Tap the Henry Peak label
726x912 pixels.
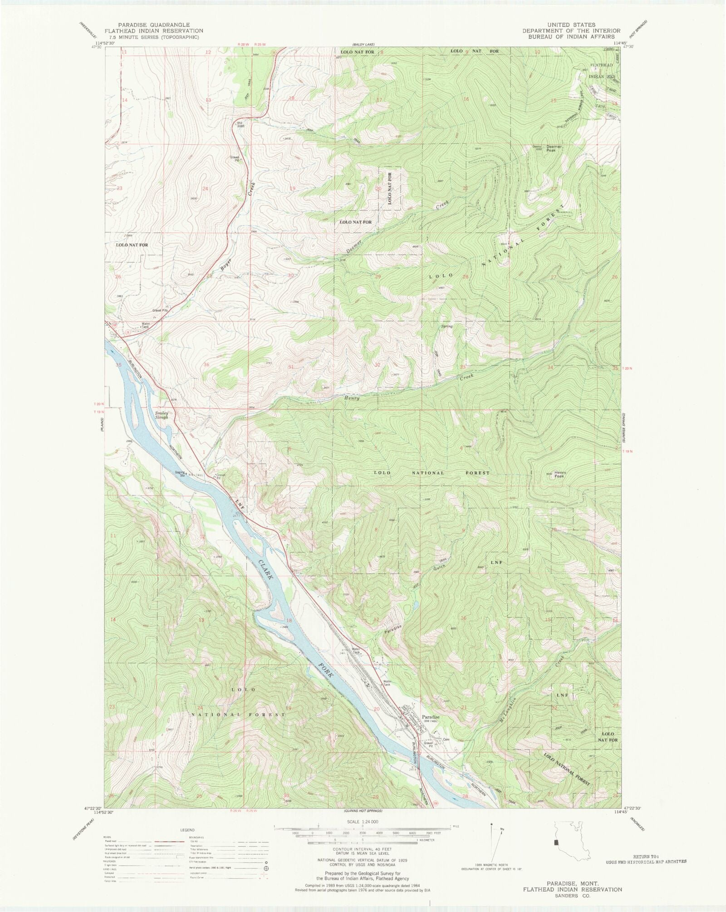pyautogui.click(x=559, y=474)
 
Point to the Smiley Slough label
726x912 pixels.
pyautogui.click(x=162, y=415)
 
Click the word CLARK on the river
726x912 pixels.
pyautogui.click(x=267, y=572)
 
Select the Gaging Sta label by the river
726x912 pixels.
pyautogui.click(x=181, y=473)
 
